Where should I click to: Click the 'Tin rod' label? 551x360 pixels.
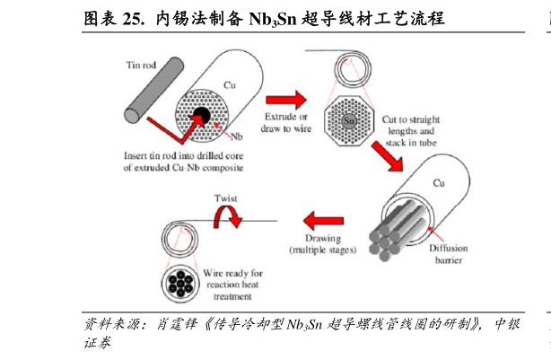coord(141,65)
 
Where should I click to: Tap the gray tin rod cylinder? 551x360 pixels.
coord(154,90)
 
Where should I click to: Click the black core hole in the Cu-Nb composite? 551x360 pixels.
coord(201,116)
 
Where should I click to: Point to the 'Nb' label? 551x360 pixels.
coord(237,136)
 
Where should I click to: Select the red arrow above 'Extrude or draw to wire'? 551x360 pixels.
coord(286,101)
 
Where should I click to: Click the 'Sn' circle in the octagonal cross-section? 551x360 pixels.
coord(349,121)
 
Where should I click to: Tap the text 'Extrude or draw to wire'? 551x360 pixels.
coord(286,122)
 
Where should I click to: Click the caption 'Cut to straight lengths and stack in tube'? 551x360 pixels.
coord(411,131)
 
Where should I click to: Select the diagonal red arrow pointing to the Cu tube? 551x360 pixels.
coord(388,156)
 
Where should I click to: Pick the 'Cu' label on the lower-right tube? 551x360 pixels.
coord(439,183)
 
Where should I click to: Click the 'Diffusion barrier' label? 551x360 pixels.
coord(449,254)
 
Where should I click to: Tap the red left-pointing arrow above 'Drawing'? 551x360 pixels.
coord(323,221)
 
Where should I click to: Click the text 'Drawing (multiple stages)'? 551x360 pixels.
coord(322,244)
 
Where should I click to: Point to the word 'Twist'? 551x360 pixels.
coord(226,198)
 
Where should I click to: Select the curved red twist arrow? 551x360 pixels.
coord(228,216)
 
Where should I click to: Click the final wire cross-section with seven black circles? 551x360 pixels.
coord(180,284)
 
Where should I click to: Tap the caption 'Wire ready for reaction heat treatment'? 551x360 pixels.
coord(232,285)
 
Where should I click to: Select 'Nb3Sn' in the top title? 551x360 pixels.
coord(273,19)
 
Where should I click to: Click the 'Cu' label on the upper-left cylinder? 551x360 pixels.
coord(230,85)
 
